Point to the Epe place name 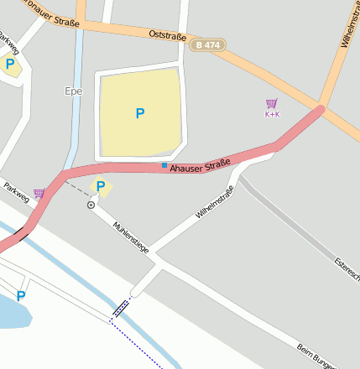click(73, 91)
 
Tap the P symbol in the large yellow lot click(139, 113)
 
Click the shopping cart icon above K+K click(271, 104)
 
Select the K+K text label click(272, 115)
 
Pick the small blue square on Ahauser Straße click(164, 165)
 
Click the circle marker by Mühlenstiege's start click(91, 205)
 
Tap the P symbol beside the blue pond click(21, 295)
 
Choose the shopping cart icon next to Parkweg click(39, 194)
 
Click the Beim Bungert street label click(316, 354)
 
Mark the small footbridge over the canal click(122, 308)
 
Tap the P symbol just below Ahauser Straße click(101, 187)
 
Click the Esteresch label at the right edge click(346, 269)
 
